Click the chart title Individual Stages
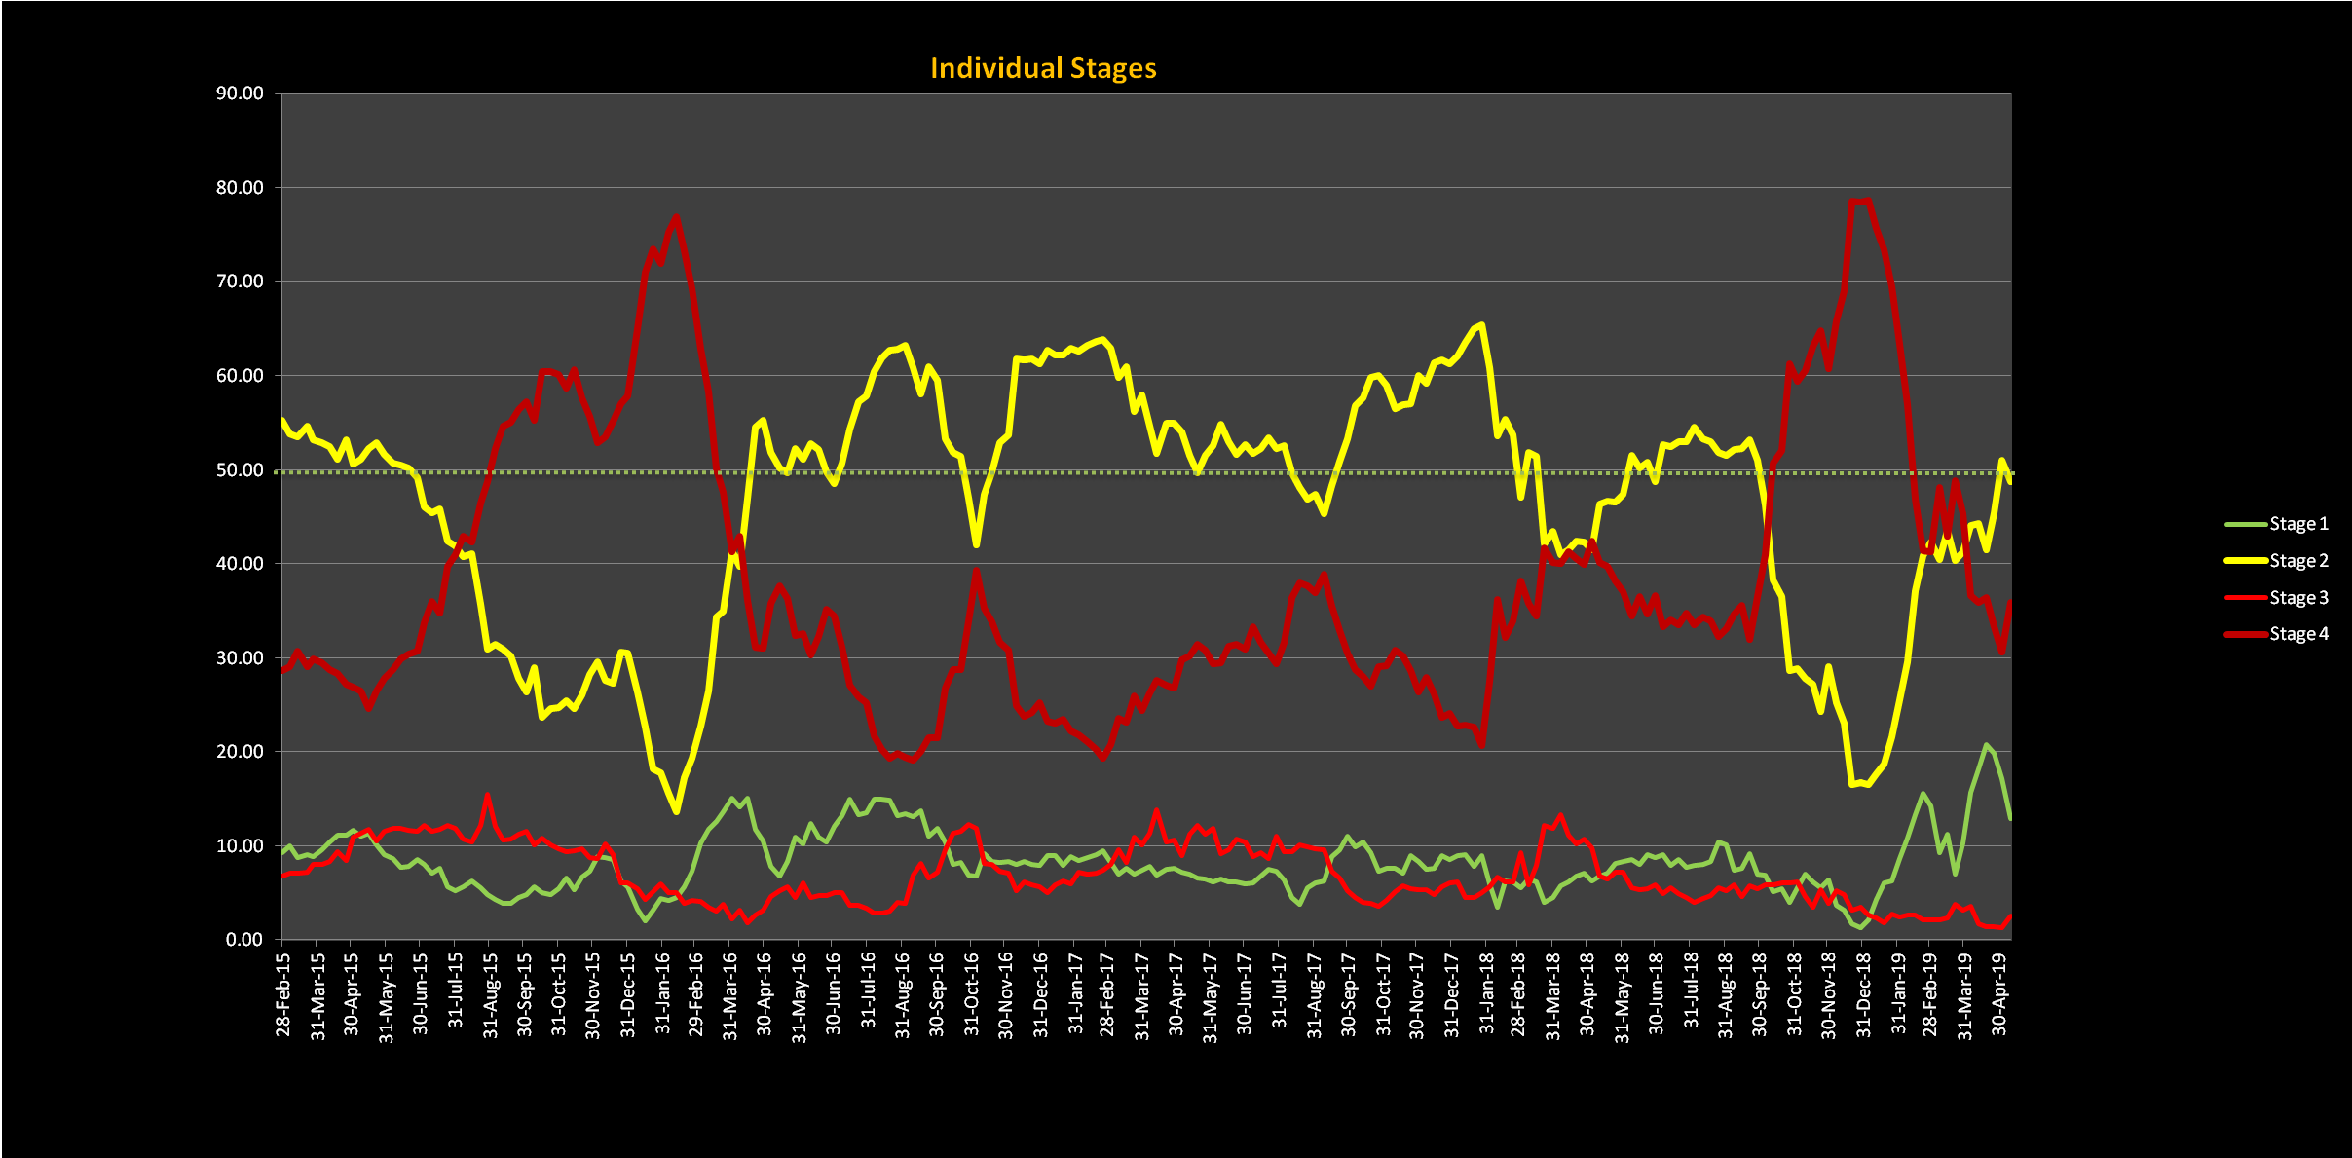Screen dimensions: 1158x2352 tap(1043, 68)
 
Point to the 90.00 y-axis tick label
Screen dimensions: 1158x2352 tap(240, 93)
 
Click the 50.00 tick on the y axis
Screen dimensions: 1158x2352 tap(240, 470)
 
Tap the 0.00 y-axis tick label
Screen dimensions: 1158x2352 tap(244, 940)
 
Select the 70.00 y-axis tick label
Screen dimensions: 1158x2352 tap(240, 281)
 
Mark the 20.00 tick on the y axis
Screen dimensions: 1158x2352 tap(240, 752)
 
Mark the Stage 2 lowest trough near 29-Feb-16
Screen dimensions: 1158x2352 tap(677, 811)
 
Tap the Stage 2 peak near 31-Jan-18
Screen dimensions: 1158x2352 tap(1481, 325)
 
